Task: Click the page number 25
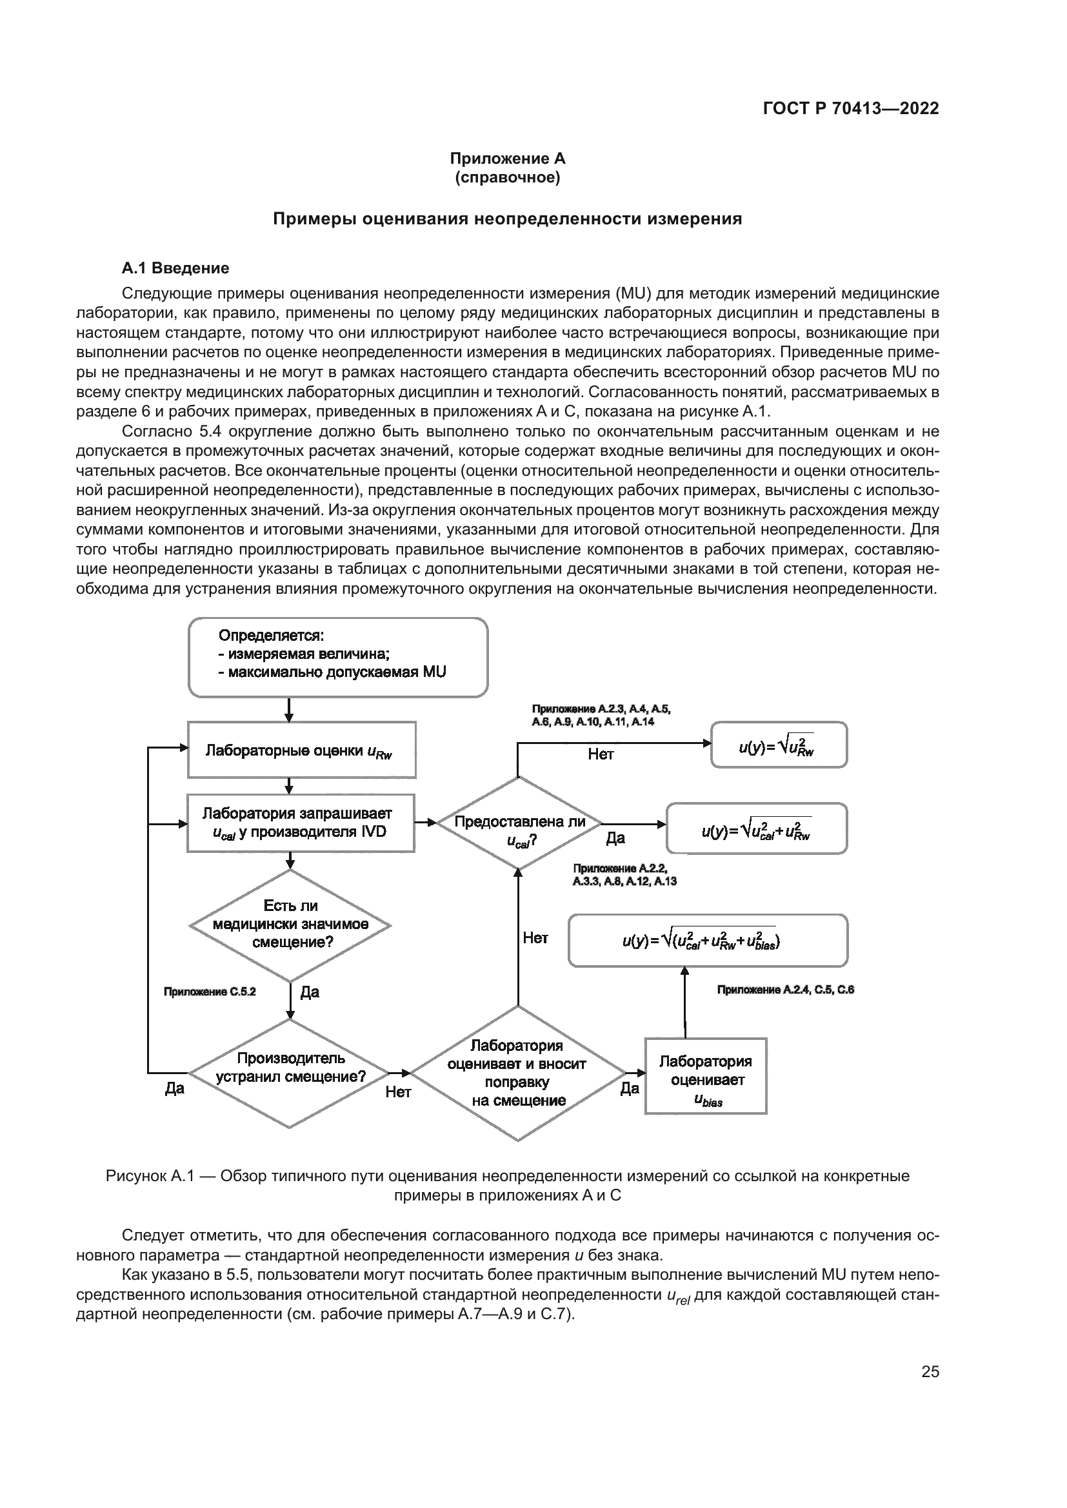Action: [x=930, y=1372]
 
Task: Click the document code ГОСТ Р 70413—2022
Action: [x=851, y=109]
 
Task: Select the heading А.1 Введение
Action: [x=175, y=268]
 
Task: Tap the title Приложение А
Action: [x=507, y=159]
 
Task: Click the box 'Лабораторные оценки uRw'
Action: [x=301, y=750]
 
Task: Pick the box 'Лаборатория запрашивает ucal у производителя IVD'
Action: [x=300, y=823]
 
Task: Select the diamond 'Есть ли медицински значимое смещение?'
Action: [x=290, y=925]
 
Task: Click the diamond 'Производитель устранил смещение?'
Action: [x=290, y=1073]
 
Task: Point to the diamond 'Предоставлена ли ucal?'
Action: [x=519, y=823]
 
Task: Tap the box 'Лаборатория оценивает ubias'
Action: [x=706, y=1076]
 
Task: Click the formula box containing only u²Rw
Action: [x=779, y=745]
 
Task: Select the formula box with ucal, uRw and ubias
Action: [x=708, y=941]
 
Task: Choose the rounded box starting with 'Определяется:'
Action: [x=337, y=657]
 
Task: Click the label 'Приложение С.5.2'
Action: [x=210, y=992]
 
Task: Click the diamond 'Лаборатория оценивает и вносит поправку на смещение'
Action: [x=518, y=1073]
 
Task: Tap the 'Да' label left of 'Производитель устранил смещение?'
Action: [x=175, y=1089]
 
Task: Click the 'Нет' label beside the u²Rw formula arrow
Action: [x=601, y=755]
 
